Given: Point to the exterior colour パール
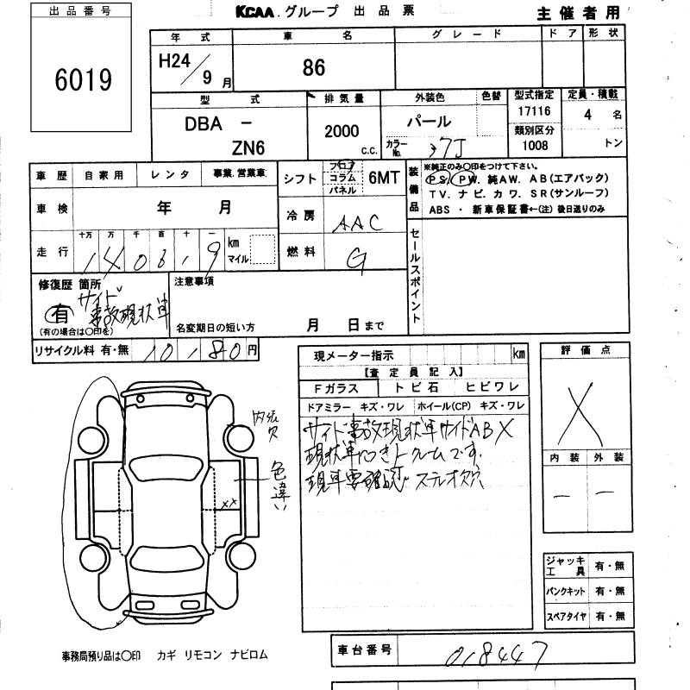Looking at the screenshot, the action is coord(428,122).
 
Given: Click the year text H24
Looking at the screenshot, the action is coord(179,61).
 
